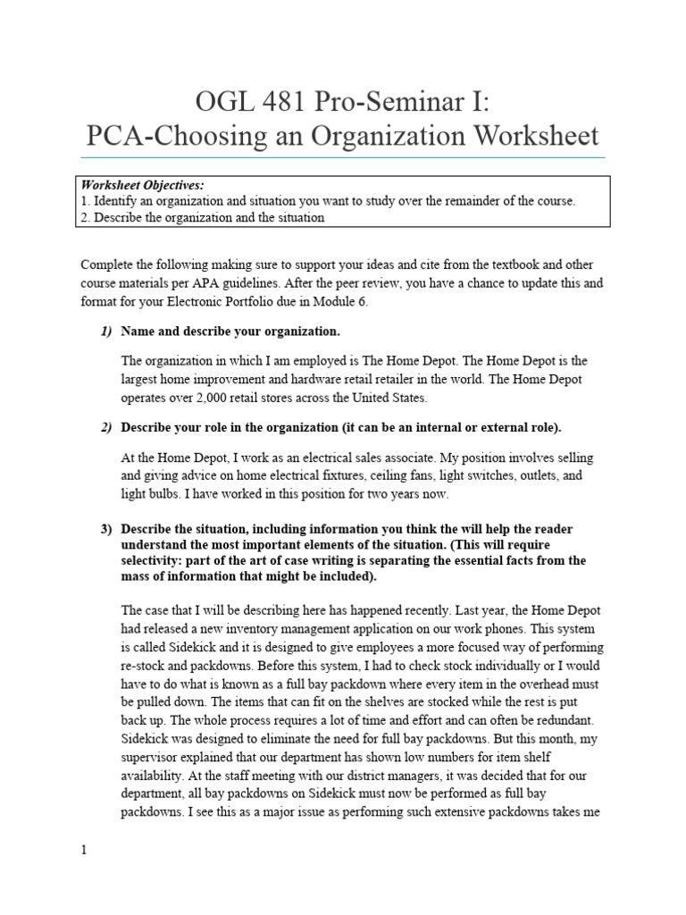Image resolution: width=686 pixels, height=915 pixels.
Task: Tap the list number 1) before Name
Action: click(105, 332)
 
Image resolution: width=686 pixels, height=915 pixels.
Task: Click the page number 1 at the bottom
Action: click(84, 851)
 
